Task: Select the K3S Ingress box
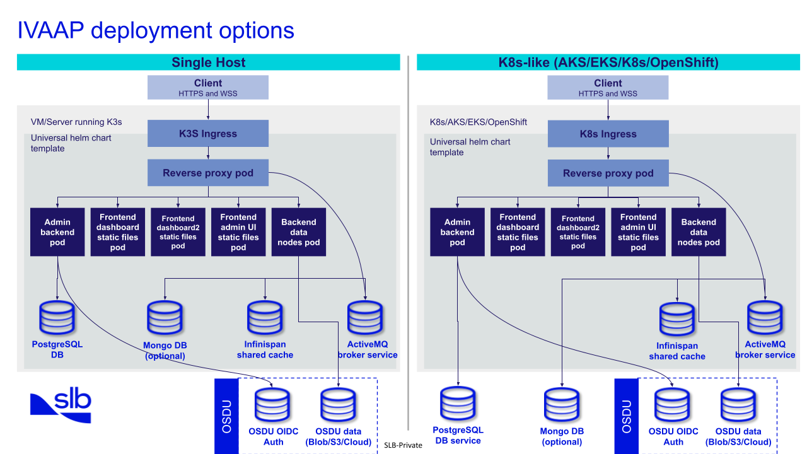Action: [x=208, y=134]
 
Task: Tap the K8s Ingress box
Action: [x=608, y=134]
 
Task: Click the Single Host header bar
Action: [x=208, y=62]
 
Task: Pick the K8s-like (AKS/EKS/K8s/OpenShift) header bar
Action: [x=608, y=62]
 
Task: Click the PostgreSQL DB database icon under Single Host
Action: [x=57, y=318]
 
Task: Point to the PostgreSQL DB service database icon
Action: [x=458, y=404]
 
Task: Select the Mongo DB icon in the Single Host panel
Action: [x=165, y=318]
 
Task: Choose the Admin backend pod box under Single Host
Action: [x=57, y=232]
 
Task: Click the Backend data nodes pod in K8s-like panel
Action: [x=699, y=232]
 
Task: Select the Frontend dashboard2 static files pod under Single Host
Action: [x=178, y=232]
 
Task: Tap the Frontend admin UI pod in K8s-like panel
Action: [x=638, y=232]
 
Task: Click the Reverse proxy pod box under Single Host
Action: [x=208, y=173]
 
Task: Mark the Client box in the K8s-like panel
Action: [x=608, y=88]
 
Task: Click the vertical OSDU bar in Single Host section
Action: [x=226, y=416]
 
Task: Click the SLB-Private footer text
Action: [x=403, y=445]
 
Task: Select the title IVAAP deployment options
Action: [x=156, y=30]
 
